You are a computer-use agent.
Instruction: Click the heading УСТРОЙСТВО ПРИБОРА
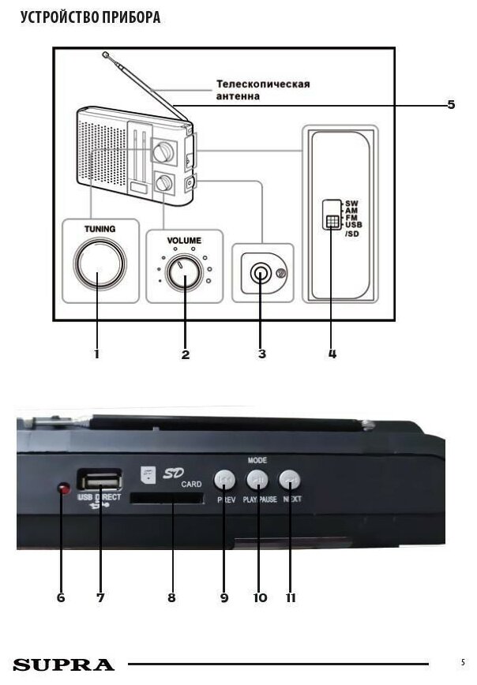(x=89, y=17)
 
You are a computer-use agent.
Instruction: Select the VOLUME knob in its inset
(x=185, y=276)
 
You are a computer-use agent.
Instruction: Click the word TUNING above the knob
(x=100, y=229)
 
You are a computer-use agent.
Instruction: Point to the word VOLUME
(x=184, y=240)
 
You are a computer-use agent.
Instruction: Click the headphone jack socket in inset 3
(x=260, y=273)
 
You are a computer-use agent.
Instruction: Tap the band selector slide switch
(x=330, y=222)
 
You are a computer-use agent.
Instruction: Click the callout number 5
(x=451, y=104)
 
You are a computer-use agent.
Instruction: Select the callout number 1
(x=96, y=354)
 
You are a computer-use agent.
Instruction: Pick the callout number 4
(x=332, y=354)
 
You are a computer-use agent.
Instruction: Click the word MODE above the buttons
(x=257, y=459)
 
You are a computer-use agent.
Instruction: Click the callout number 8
(x=171, y=597)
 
